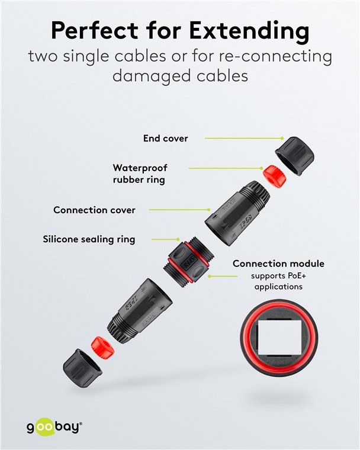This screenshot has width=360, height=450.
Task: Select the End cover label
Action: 165,139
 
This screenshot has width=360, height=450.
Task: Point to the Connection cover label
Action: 94,210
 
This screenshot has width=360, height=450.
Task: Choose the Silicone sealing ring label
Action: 89,239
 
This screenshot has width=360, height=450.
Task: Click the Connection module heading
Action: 278,263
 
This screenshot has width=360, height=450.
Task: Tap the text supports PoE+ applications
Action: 278,281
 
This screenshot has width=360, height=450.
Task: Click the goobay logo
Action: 54,427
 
